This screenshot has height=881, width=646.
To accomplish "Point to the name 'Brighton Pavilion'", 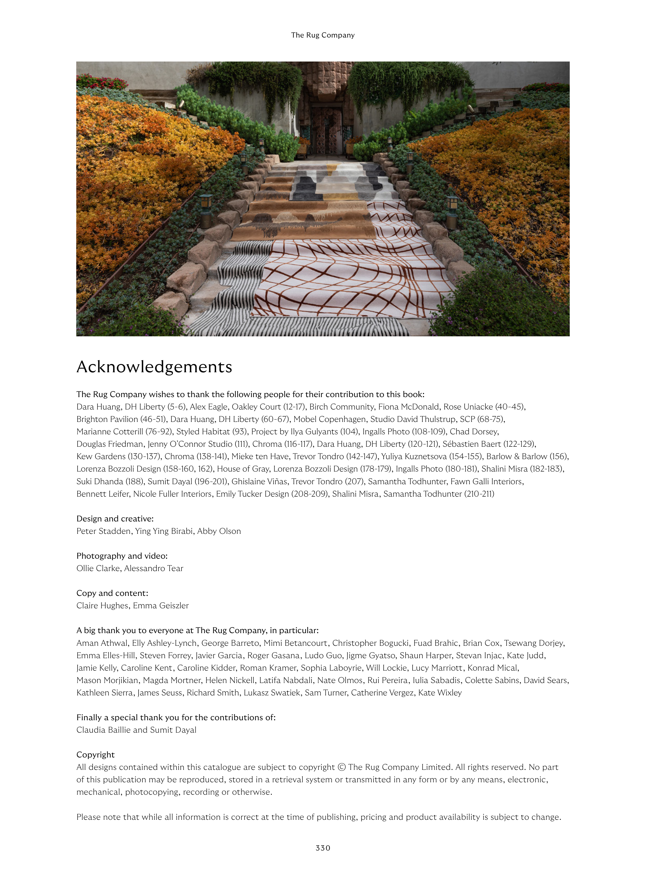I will click(x=107, y=419).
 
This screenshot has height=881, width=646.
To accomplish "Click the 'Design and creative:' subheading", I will click(x=115, y=519).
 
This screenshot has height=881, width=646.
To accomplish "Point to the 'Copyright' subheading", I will click(x=95, y=754).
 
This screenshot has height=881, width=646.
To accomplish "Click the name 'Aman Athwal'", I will click(x=102, y=643).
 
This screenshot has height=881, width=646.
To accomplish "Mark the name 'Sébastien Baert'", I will click(x=472, y=444).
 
